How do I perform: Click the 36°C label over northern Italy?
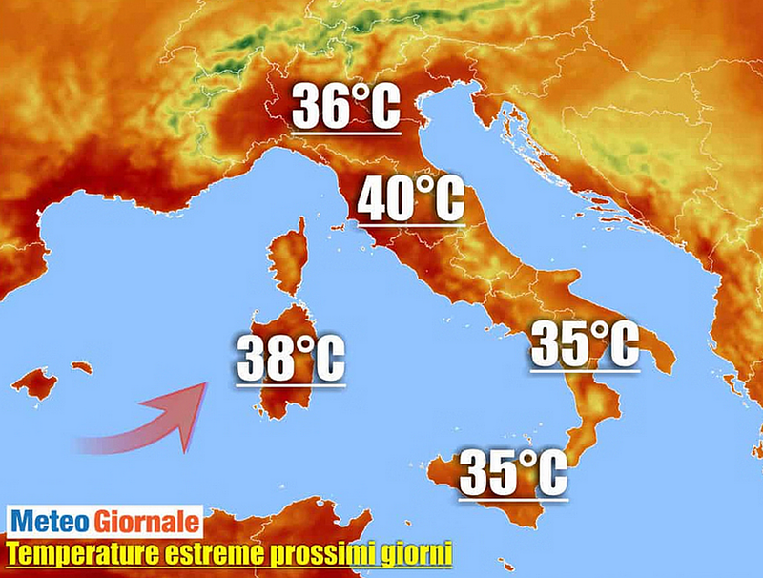(344, 107)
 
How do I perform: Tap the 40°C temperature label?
(410, 199)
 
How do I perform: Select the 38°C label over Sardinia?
(290, 357)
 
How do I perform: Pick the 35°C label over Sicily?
(513, 471)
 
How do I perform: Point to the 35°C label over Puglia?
(584, 344)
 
